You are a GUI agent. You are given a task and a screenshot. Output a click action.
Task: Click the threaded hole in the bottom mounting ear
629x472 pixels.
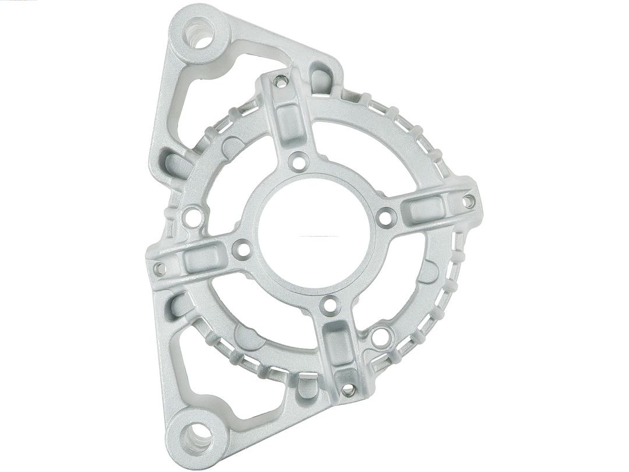click(x=197, y=438)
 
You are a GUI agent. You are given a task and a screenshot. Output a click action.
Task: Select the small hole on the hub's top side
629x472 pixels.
click(x=299, y=161)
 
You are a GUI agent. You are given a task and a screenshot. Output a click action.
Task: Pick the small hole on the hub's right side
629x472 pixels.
click(x=385, y=217)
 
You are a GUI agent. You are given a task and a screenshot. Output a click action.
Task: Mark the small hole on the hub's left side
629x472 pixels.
click(x=242, y=250)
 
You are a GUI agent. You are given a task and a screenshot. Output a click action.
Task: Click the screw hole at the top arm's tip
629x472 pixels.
click(x=281, y=82)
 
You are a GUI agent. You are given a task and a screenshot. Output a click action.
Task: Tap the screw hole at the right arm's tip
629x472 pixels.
click(x=468, y=201)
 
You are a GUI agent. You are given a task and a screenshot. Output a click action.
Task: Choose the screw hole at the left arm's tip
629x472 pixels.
click(x=159, y=268)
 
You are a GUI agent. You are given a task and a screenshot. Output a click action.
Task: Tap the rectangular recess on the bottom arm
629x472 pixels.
click(x=338, y=344)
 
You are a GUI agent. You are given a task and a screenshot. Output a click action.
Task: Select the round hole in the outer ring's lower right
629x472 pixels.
click(x=381, y=337)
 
